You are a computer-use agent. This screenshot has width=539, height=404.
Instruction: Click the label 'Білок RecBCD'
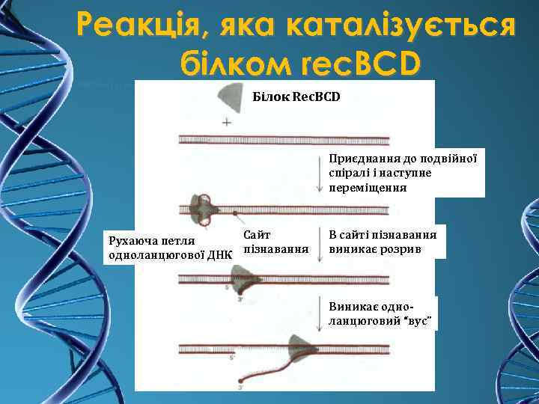[x=295, y=97]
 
